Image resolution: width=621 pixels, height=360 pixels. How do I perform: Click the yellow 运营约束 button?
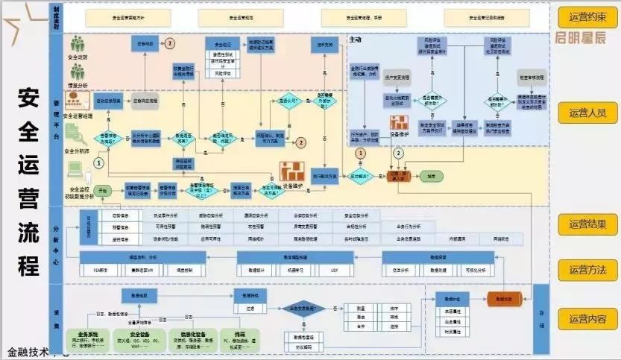pos(587,16)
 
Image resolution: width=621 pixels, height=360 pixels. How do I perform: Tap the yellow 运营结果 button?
pos(587,224)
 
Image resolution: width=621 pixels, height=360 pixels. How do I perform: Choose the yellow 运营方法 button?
pos(587,270)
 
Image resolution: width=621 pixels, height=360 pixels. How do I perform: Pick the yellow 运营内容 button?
pos(587,319)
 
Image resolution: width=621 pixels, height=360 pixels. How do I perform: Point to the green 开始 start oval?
pos(104,191)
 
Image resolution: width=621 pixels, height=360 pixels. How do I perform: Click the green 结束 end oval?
pos(430,176)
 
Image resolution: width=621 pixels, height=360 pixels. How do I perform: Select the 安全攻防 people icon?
pos(78,44)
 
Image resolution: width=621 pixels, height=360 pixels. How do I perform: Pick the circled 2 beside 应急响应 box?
pos(171,44)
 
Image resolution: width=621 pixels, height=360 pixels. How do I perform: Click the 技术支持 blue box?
pos(324,44)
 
